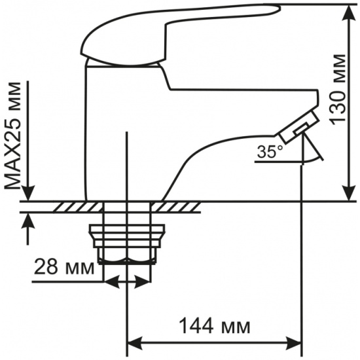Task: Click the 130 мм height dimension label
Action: (338, 90)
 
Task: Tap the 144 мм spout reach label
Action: (215, 326)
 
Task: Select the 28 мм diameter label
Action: (64, 266)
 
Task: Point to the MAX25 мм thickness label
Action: (12, 136)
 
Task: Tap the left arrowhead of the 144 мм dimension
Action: (135, 344)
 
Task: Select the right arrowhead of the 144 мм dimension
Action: (293, 344)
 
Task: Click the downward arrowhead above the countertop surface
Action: (28, 193)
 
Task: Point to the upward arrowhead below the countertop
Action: (28, 221)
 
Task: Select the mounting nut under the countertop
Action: (127, 244)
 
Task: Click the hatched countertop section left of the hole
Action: (78, 207)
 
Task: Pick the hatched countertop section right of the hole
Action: (175, 207)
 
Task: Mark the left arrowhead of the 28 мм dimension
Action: (112, 281)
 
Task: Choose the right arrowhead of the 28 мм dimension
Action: (143, 281)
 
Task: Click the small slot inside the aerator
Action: (301, 128)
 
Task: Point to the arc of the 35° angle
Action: (313, 160)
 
